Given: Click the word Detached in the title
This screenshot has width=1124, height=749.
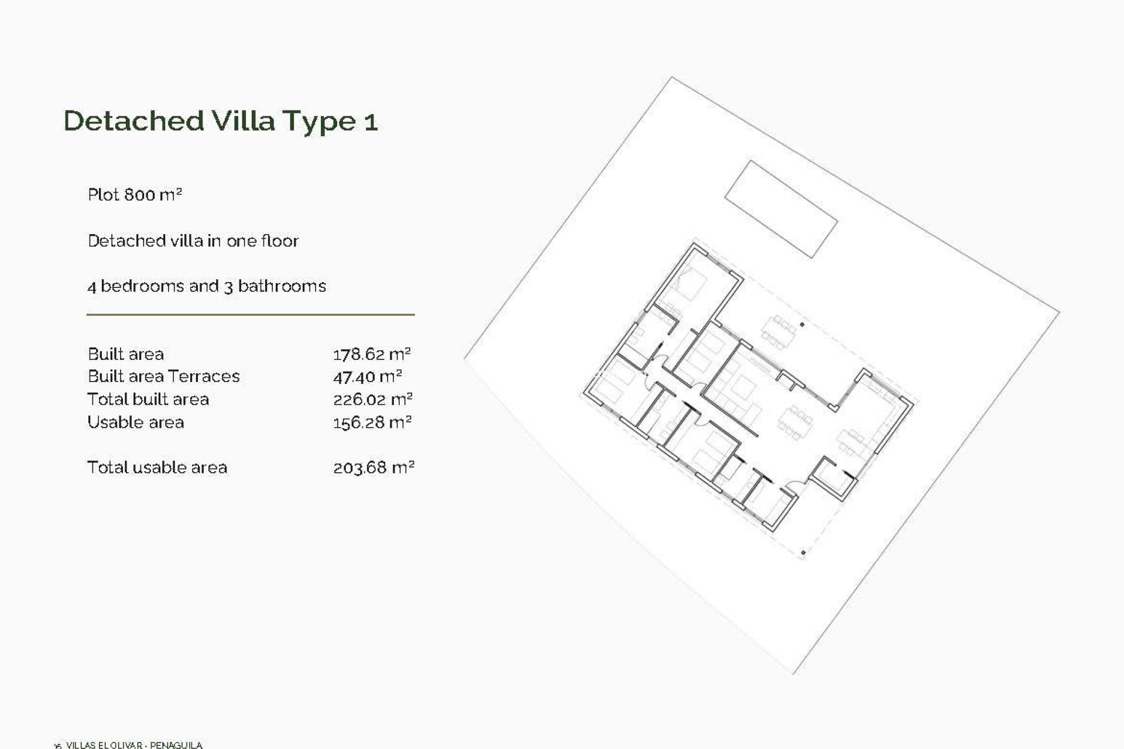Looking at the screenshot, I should tap(133, 121).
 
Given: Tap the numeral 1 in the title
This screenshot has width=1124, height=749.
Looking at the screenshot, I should tap(371, 122).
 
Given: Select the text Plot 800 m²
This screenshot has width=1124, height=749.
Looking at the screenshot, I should tap(135, 194).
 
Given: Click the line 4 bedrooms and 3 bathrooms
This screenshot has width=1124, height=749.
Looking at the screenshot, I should tap(207, 286).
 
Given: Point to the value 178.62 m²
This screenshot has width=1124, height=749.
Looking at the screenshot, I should tap(372, 355).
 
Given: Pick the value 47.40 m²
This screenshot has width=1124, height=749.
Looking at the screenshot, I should tap(368, 377).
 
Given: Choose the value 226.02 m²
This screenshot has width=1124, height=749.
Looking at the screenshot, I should tap(373, 400).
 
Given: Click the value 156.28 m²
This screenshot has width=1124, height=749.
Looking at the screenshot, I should tap(372, 422).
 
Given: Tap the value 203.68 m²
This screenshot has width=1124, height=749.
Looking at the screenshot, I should tap(373, 468).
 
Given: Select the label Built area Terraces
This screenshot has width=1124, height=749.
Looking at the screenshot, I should tap(163, 376).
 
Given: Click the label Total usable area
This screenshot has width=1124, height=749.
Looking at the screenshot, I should tap(157, 468).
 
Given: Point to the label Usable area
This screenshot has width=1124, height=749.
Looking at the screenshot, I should tap(135, 422).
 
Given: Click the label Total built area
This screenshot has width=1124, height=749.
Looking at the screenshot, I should tap(148, 400).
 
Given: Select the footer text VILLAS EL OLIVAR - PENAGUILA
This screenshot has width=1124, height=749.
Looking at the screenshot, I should tap(134, 745).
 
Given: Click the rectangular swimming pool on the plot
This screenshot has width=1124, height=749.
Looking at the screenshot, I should tap(781, 209).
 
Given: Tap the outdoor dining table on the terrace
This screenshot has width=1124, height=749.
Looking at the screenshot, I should tap(779, 332).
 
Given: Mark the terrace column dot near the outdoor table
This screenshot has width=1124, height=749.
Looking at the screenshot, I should tap(802, 325).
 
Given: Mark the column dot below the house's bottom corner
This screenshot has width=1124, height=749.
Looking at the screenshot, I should tap(803, 552).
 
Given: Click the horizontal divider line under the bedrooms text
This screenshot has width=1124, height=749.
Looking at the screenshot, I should tap(251, 315).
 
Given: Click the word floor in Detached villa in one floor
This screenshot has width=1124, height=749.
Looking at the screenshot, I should tap(280, 240).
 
